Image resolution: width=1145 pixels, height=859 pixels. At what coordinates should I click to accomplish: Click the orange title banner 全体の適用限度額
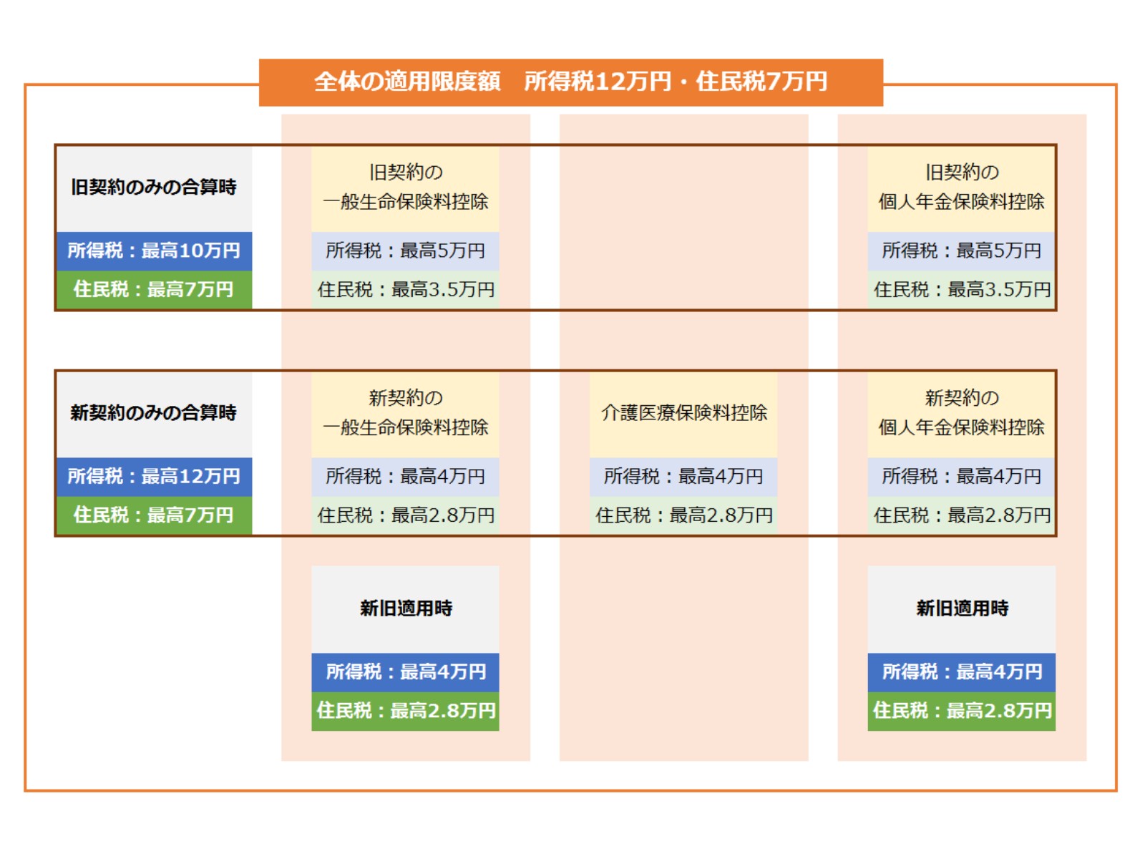[570, 82]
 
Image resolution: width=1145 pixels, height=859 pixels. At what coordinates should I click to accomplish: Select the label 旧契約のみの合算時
[153, 187]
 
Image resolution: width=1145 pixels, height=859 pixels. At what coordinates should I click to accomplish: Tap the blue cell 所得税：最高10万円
[154, 251]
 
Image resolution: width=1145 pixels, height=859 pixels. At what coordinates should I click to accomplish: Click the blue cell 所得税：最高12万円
[154, 477]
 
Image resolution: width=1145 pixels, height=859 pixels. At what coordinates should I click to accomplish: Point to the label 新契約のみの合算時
[153, 412]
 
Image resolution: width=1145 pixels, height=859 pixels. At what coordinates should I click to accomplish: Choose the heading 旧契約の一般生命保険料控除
[405, 187]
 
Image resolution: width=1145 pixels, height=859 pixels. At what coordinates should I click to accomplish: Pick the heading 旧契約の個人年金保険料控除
[961, 187]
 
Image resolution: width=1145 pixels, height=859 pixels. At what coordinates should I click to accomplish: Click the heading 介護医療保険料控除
[684, 412]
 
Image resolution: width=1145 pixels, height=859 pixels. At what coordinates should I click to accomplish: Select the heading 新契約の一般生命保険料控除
[405, 412]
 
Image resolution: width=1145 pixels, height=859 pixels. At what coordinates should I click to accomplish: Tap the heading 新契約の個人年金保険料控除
[961, 412]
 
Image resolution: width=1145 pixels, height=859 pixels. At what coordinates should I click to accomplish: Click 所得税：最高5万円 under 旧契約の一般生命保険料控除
[405, 251]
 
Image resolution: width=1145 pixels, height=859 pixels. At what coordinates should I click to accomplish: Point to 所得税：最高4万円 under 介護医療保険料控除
[683, 477]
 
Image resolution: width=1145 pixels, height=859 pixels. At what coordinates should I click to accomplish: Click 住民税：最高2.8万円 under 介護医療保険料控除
[684, 515]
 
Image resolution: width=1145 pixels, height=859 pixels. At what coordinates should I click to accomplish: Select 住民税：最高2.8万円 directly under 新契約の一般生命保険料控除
[406, 515]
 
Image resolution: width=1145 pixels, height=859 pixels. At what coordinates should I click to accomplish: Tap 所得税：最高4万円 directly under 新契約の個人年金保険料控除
[961, 477]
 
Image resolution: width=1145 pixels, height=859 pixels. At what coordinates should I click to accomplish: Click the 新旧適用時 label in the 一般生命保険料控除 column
[406, 608]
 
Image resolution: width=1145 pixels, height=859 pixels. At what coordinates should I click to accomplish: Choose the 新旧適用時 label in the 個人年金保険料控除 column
[963, 608]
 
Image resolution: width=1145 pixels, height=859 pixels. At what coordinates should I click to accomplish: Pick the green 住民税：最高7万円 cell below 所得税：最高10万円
[154, 289]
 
